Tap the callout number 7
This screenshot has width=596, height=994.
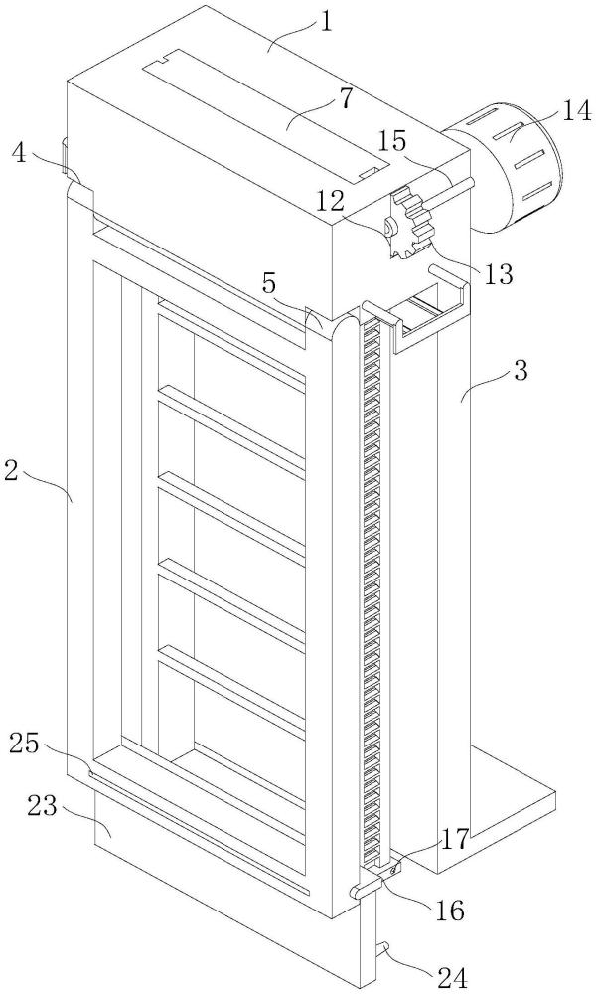point(346,99)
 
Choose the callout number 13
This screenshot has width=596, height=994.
point(498,274)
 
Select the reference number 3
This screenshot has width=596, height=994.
point(521,371)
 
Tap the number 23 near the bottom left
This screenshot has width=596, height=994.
point(43,807)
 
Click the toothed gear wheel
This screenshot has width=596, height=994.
point(412,223)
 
